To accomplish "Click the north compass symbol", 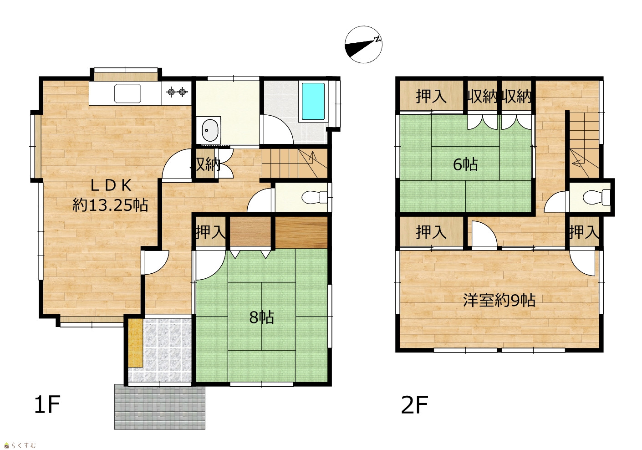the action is (363, 45).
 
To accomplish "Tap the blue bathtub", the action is (313, 101).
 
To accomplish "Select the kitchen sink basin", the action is (127, 93).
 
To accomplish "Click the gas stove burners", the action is (177, 92).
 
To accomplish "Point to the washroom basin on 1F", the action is (210, 130).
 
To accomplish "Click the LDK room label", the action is (111, 185).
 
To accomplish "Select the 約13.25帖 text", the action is (110, 205).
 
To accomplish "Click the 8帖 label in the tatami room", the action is (261, 317).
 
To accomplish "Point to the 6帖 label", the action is (465, 164).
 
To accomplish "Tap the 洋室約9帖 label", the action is (499, 301).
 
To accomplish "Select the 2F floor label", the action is (414, 404).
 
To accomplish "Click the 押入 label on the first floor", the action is (211, 232).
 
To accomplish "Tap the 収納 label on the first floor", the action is (205, 165).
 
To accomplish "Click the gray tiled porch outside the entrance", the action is (160, 407).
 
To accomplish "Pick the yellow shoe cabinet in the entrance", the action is (135, 343).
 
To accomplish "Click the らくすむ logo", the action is (20, 445).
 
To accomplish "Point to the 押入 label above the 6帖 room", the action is (431, 96).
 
